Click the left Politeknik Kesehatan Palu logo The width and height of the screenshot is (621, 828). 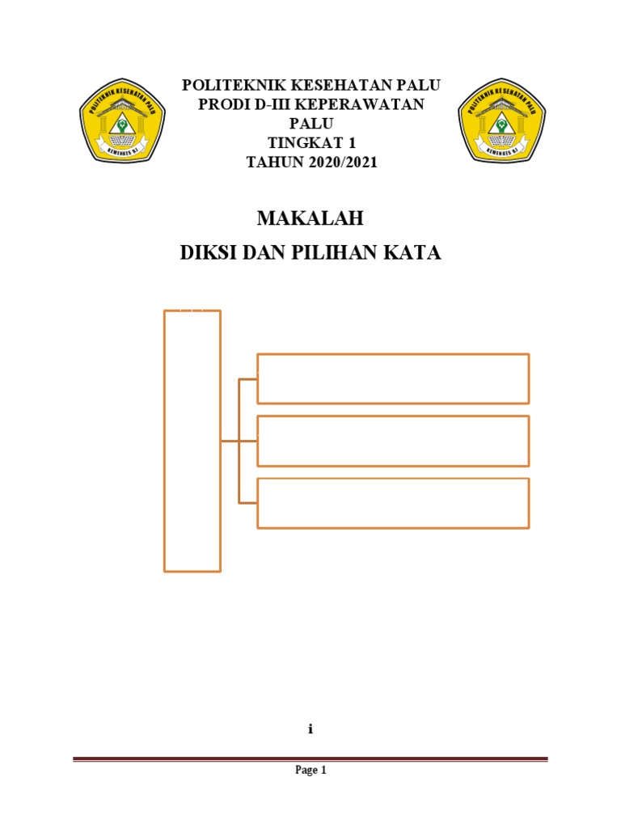122,122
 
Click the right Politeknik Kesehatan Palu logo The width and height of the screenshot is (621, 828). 501,122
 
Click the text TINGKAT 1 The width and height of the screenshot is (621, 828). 311,142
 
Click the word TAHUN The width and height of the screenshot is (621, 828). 272,162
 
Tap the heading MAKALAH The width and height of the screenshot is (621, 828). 310,218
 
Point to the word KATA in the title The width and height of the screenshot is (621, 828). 416,253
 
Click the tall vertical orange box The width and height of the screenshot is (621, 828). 192,441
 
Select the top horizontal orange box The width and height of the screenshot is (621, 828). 393,378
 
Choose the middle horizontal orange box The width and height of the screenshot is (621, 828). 393,441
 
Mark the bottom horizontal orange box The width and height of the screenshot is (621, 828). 393,503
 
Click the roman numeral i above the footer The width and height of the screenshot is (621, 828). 310,729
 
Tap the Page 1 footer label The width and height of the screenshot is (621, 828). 310,771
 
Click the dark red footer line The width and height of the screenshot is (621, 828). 310,758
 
